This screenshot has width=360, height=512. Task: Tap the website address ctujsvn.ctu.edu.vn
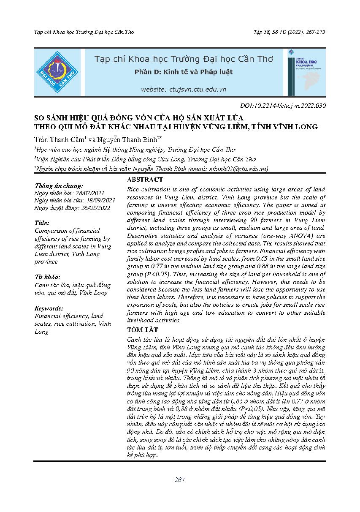[184, 90]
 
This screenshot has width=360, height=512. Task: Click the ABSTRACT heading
[145, 180]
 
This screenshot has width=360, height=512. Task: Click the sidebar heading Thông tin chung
[59, 185]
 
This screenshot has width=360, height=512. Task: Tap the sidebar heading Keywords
[49, 308]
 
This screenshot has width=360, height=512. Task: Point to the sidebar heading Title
[42, 223]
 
